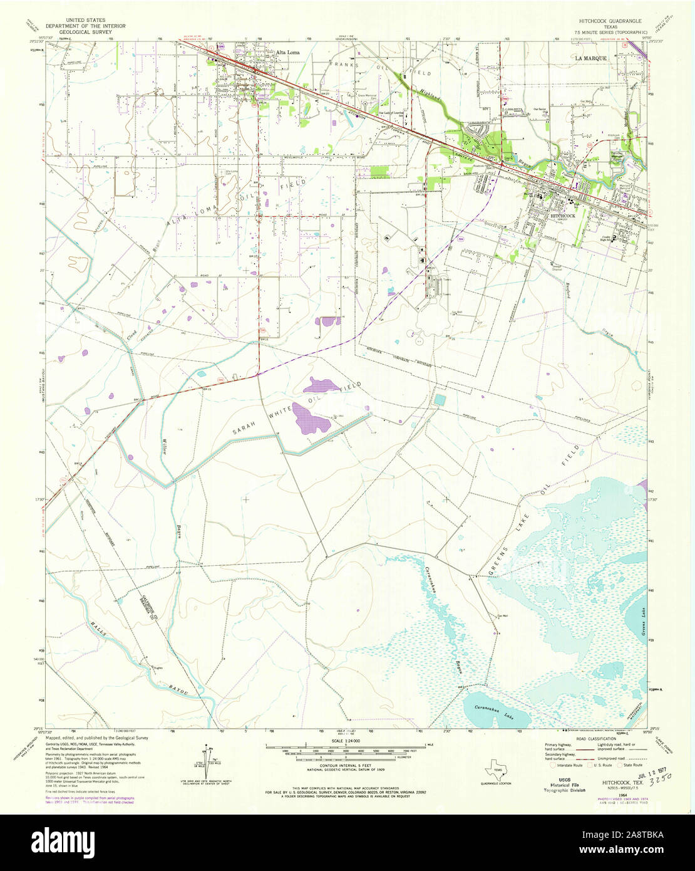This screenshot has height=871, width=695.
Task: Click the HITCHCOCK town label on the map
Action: click(563, 215)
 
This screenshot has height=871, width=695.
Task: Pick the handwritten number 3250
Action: click(657, 776)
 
